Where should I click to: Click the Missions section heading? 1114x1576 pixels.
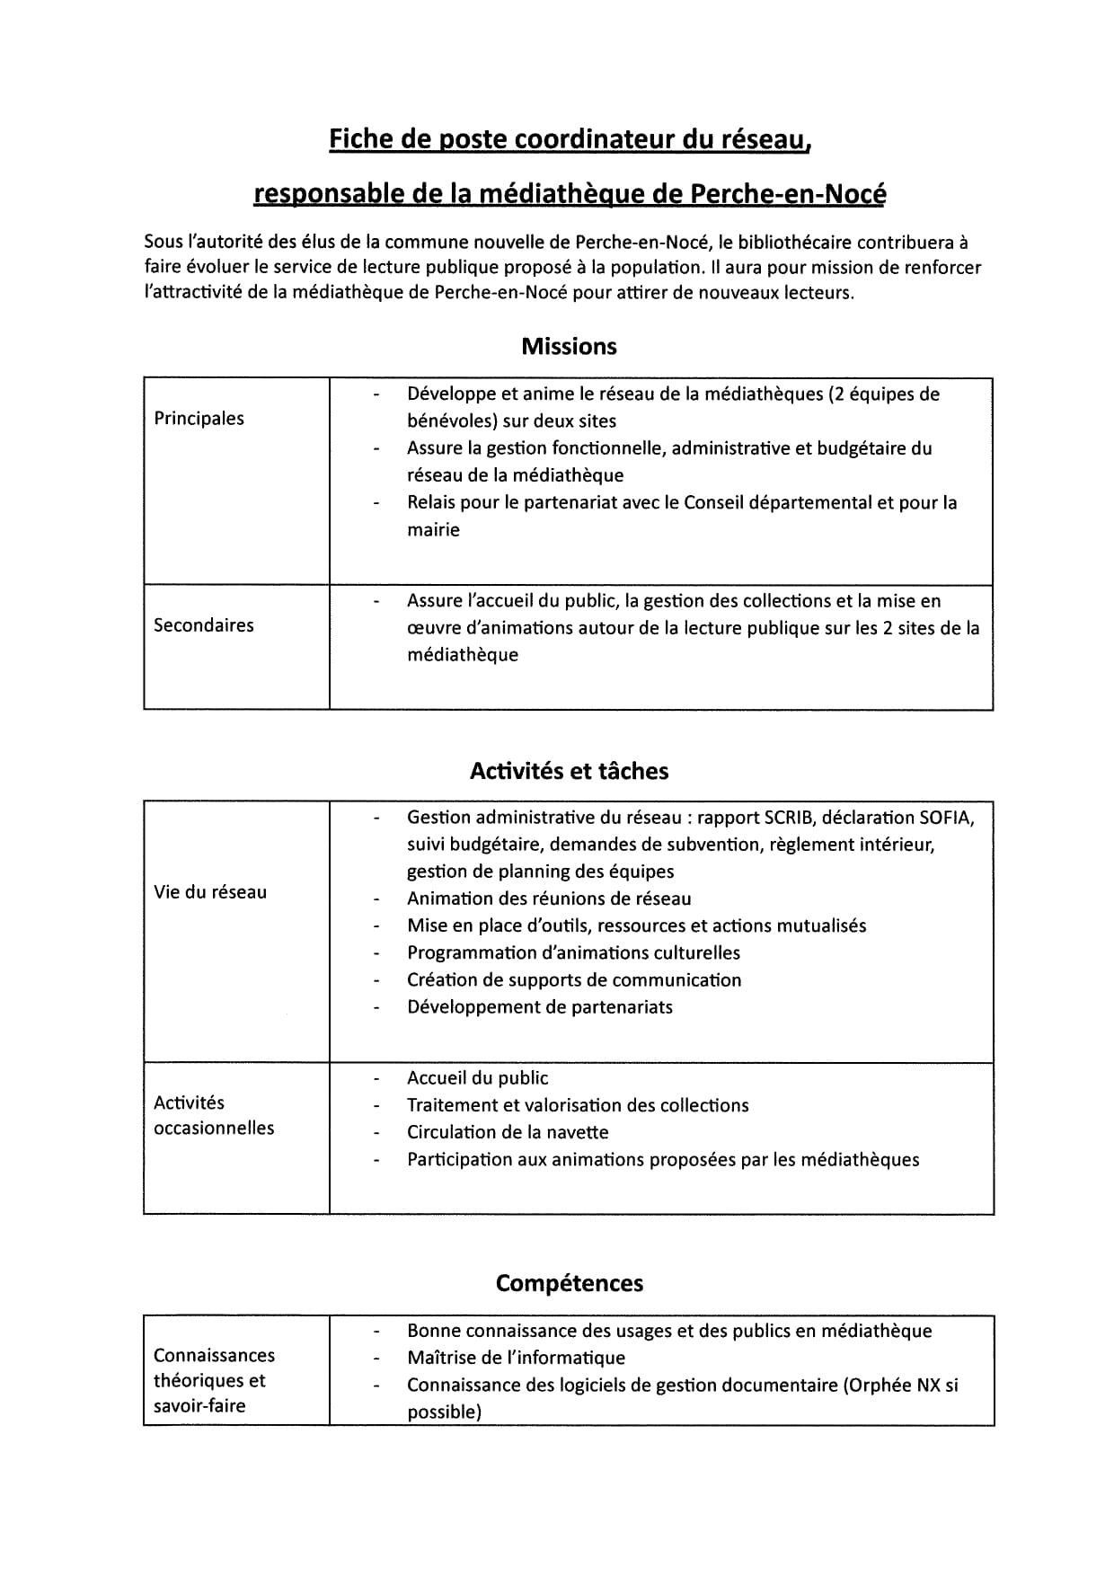click(x=569, y=347)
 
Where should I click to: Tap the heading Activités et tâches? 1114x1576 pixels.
click(x=569, y=771)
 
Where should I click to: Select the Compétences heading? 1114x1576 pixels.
click(x=569, y=1283)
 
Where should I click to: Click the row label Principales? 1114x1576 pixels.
click(x=199, y=419)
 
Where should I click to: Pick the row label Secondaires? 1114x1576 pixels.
click(x=203, y=625)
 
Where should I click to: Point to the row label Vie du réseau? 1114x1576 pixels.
click(x=210, y=892)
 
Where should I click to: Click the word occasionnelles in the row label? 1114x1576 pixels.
click(x=214, y=1129)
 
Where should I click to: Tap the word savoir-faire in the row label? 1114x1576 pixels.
click(x=199, y=1406)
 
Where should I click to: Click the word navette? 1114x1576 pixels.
click(x=575, y=1133)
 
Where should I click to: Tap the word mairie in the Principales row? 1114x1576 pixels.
click(x=433, y=530)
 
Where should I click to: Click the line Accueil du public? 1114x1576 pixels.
click(x=477, y=1078)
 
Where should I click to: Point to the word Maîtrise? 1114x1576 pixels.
click(x=440, y=1359)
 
